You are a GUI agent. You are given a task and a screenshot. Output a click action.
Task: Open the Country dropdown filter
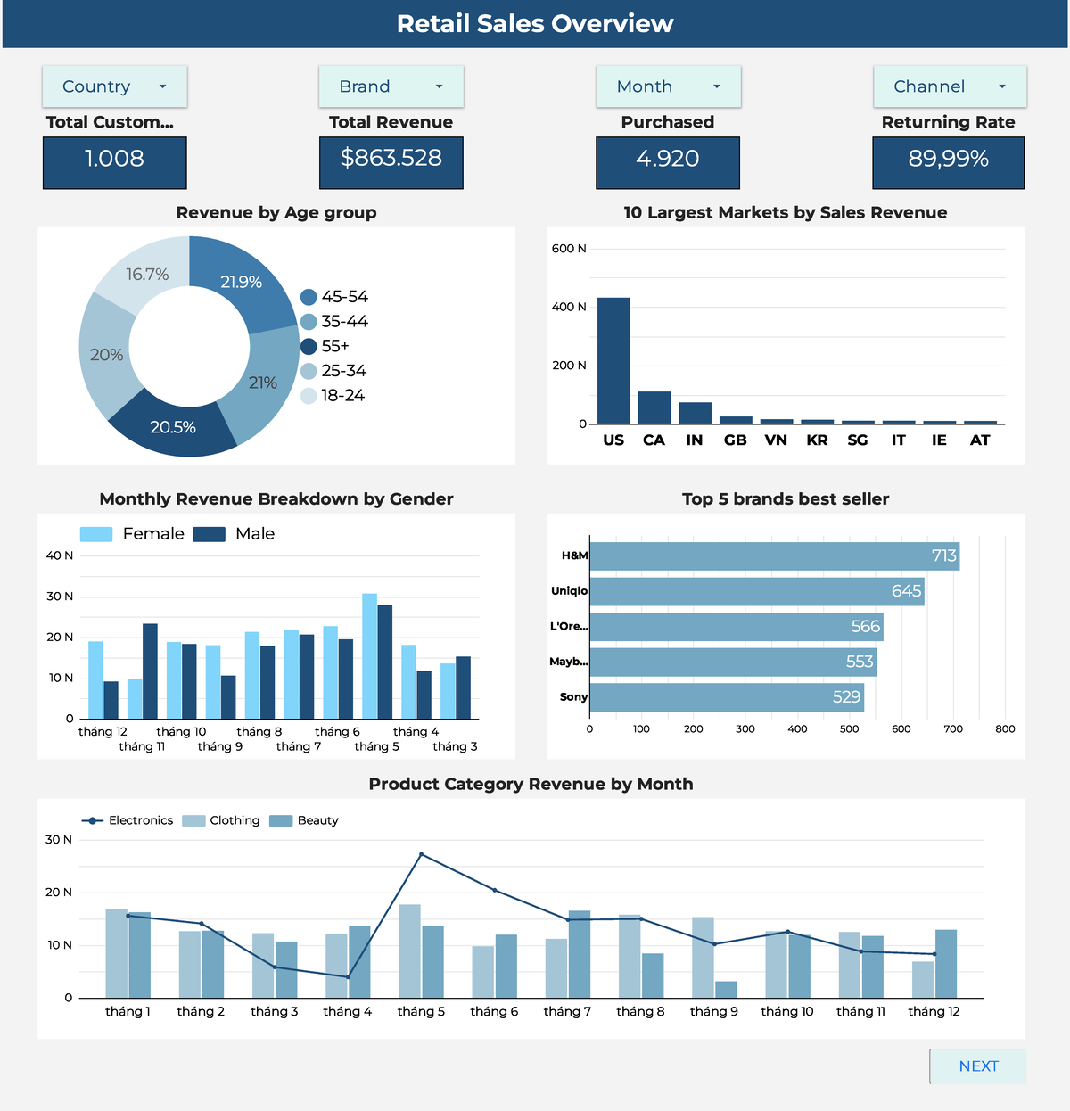pyautogui.click(x=114, y=86)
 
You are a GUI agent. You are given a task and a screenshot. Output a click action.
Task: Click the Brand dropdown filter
pyautogui.click(x=391, y=86)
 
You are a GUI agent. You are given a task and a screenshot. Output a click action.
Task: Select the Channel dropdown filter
pyautogui.click(x=949, y=86)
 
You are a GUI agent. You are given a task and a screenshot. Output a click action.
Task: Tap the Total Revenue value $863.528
pyautogui.click(x=391, y=159)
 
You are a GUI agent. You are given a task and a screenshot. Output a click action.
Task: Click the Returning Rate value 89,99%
pyautogui.click(x=948, y=160)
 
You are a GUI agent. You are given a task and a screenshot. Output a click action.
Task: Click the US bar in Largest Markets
pyautogui.click(x=613, y=361)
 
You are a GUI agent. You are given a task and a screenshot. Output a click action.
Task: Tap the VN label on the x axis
pyautogui.click(x=776, y=440)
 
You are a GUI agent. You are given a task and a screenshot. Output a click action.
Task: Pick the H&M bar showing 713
pyautogui.click(x=774, y=556)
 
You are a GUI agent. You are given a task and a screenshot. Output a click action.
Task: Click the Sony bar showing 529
pyautogui.click(x=727, y=697)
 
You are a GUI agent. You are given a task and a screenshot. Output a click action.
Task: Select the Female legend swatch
pyautogui.click(x=96, y=534)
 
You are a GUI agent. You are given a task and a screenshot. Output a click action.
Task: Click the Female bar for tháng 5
pyautogui.click(x=369, y=656)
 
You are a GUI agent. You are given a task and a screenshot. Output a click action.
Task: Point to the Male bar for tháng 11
pyautogui.click(x=150, y=671)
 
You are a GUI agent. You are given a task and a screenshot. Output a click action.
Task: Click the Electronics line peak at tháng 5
pyautogui.click(x=422, y=854)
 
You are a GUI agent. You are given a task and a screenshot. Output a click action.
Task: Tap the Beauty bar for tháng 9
pyautogui.click(x=726, y=989)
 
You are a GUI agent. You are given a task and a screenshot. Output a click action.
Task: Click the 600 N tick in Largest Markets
pyautogui.click(x=569, y=249)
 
